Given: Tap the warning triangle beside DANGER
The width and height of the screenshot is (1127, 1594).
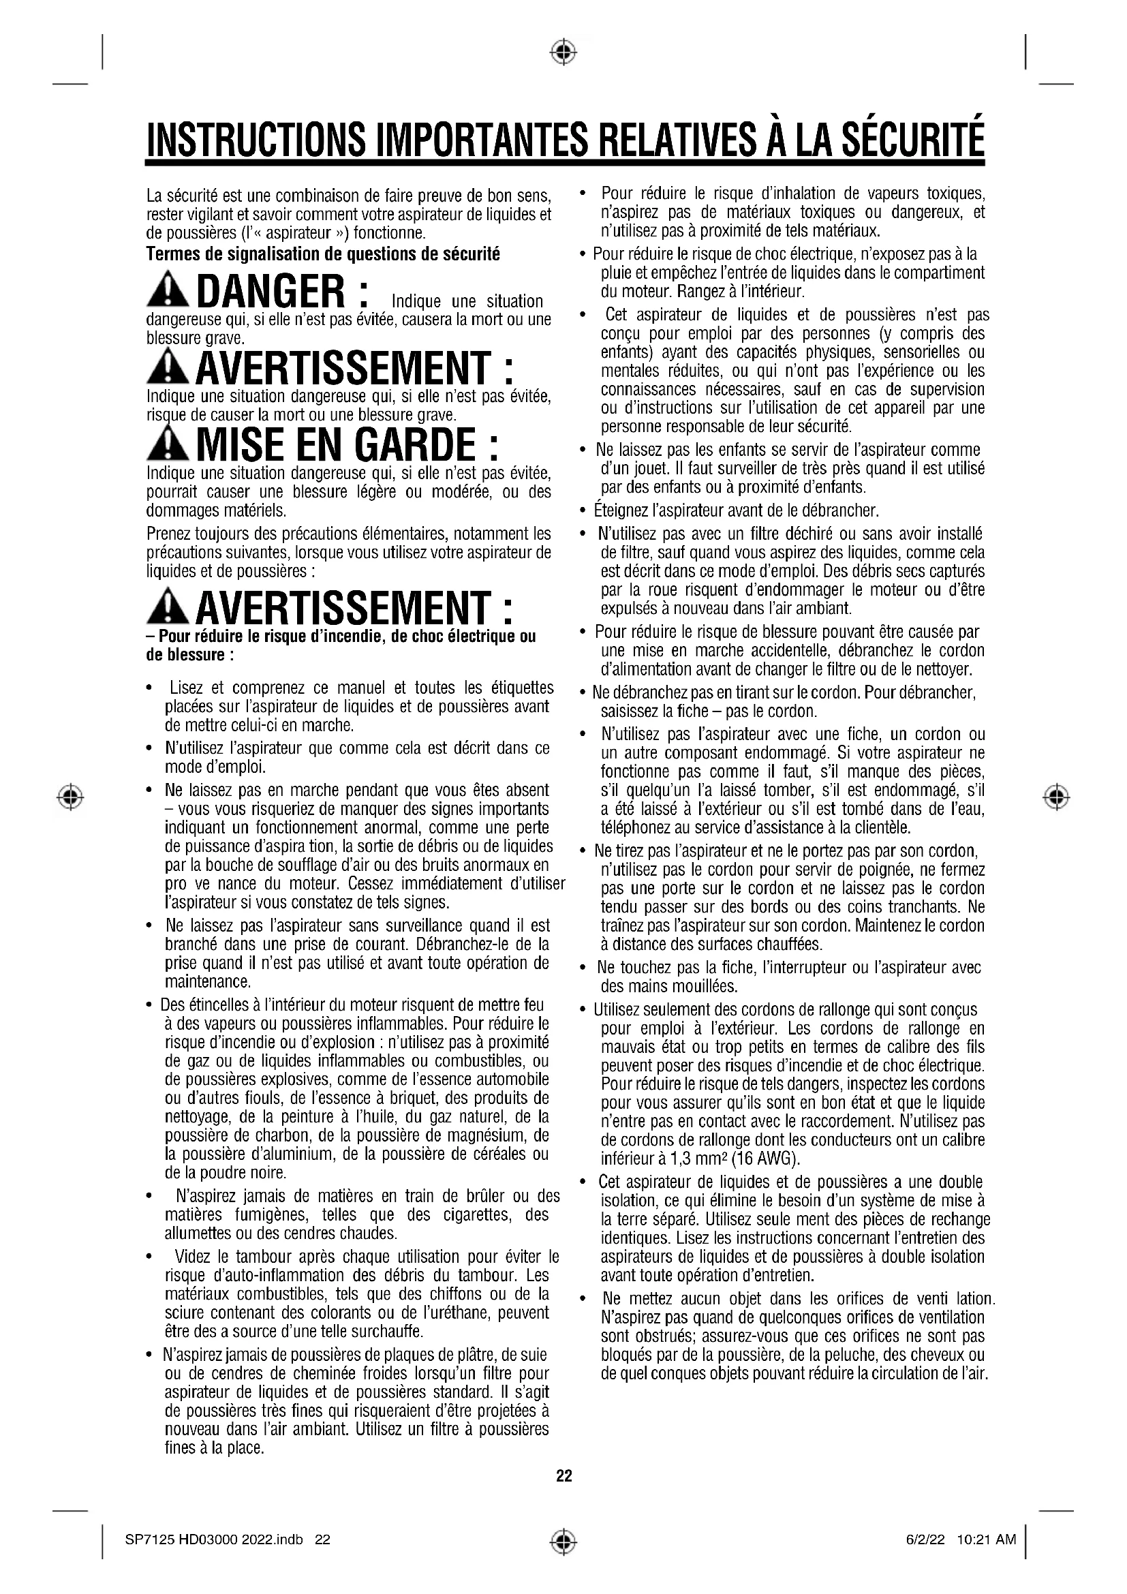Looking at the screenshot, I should click(167, 294).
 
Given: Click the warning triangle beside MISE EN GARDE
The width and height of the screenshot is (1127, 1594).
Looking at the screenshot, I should click(167, 445).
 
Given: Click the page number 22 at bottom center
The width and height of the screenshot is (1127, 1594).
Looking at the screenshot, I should click(563, 1475).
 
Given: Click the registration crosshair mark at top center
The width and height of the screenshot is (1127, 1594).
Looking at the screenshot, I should click(563, 51).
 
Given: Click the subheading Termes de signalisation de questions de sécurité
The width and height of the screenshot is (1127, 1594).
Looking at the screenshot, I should click(323, 254).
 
